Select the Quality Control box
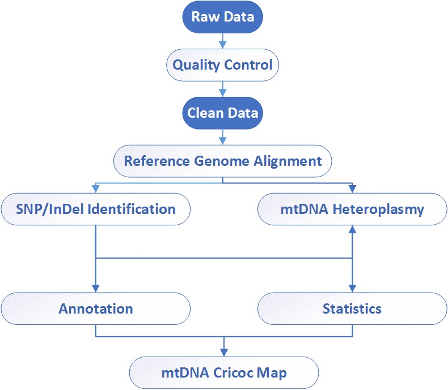pos(223,65)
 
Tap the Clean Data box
pos(223,113)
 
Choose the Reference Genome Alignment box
pos(223,161)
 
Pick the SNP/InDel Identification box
pos(95,209)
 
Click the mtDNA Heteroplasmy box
pos(352,209)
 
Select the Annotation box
pos(95,308)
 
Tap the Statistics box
pos(352,308)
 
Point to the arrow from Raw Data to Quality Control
pos(223,40)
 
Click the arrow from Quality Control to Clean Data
pos(223,88)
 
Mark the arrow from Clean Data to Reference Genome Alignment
pos(223,136)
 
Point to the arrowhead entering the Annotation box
pos(95,288)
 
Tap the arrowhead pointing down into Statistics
pos(352,288)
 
